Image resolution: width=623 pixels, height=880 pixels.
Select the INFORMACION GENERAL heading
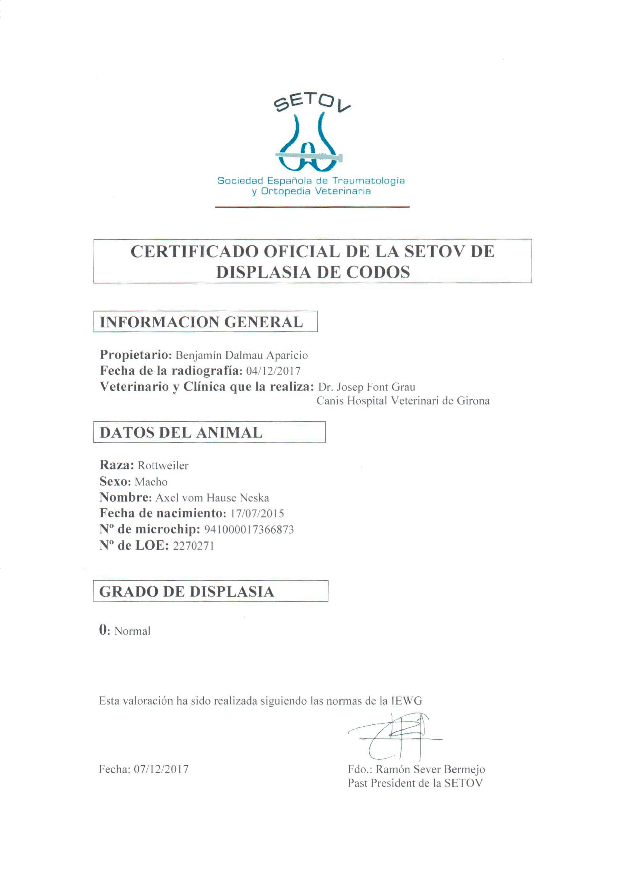(201, 322)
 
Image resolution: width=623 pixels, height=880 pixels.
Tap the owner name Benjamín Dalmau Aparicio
(242, 355)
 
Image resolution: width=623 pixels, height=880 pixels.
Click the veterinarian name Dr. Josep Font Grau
(366, 387)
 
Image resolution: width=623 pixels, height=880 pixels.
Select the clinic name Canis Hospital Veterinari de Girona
(403, 401)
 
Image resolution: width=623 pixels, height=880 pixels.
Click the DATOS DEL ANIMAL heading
(181, 433)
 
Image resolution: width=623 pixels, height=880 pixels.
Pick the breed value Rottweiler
(163, 466)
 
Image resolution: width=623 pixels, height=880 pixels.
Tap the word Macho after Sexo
(151, 482)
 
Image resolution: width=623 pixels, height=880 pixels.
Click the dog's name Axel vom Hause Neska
(212, 498)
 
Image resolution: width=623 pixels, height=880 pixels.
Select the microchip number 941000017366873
(249, 530)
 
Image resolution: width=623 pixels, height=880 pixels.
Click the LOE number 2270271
(193, 546)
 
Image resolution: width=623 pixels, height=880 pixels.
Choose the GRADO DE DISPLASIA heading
(187, 591)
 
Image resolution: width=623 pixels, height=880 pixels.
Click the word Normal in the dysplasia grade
(132, 631)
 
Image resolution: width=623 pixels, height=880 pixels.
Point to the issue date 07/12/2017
(161, 769)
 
